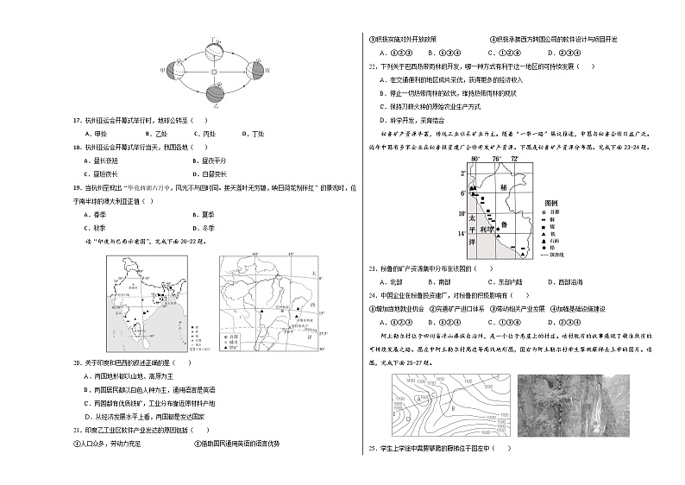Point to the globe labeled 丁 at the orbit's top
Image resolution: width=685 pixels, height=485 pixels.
click(x=217, y=45)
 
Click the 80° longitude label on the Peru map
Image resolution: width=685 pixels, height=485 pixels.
click(x=474, y=160)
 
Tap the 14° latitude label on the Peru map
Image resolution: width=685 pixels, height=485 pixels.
click(x=462, y=233)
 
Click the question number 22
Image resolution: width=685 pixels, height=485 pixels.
click(x=371, y=66)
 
